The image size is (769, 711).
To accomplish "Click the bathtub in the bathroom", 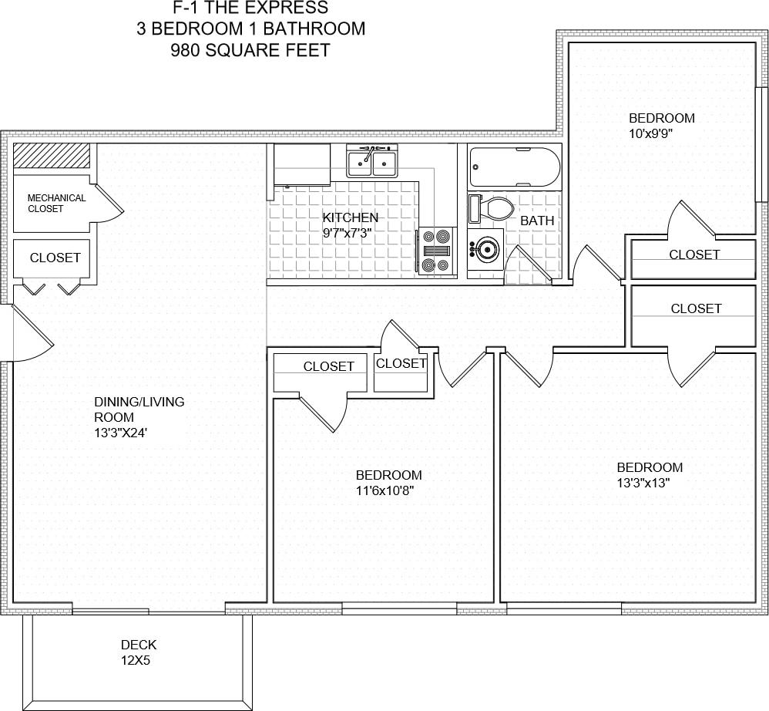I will (515, 167).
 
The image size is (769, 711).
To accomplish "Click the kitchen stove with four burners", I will (437, 251).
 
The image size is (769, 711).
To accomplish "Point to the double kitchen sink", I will (372, 162).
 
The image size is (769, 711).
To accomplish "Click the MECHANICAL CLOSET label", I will (56, 204).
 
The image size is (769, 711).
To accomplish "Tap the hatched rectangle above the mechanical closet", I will (52, 156).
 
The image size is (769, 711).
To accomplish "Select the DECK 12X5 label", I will (139, 652).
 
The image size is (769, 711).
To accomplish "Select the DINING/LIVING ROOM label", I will (139, 409).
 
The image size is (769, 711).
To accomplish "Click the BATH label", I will (537, 221).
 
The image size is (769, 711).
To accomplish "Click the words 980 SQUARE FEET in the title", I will (250, 51).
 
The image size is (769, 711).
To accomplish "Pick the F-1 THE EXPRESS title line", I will (250, 8).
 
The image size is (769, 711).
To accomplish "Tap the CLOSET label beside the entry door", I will (55, 258).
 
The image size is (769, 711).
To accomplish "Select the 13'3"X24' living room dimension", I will (120, 433).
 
